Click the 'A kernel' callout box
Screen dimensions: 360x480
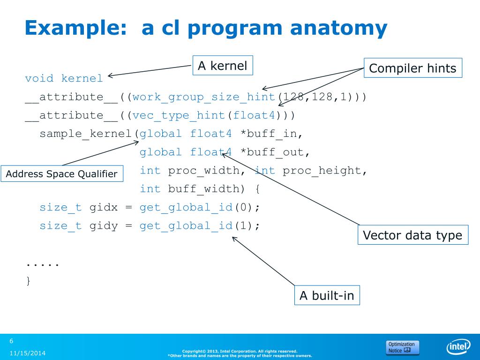[x=223, y=66]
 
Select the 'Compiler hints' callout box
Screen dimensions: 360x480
[x=412, y=68]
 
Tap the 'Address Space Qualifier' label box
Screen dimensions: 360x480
[x=61, y=174]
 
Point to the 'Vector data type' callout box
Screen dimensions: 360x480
[x=412, y=235]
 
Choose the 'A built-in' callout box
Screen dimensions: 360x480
[x=327, y=296]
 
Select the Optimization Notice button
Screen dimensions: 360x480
[x=402, y=347]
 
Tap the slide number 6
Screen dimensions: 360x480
[x=12, y=341]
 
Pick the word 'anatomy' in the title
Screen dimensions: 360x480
[x=338, y=28]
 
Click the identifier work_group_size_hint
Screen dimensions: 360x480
[x=204, y=97]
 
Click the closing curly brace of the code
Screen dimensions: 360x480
[x=28, y=281]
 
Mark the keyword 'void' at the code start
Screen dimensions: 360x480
[x=39, y=78]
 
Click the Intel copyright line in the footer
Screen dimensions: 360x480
[x=240, y=351]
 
